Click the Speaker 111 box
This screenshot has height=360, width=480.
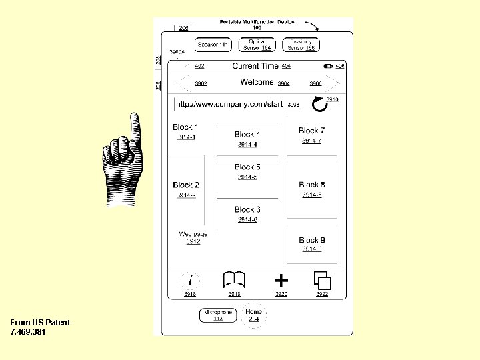pos(213,45)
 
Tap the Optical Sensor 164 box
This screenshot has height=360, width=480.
pos(257,45)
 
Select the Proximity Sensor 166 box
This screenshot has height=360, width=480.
pos(301,45)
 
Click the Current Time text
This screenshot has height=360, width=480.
pos(255,66)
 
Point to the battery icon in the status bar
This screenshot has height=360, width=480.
pos(328,66)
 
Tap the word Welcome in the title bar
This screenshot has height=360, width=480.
pos(257,83)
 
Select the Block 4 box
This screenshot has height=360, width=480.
pos(247,139)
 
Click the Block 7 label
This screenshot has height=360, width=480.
pos(311,131)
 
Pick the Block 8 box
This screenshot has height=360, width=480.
pos(311,189)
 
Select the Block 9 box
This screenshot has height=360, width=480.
pos(311,244)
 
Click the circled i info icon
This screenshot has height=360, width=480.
pos(191,281)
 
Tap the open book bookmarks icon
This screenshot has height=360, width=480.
pos(234,280)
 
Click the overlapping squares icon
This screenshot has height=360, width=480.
pos(322,280)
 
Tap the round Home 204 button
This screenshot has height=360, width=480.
pos(253,315)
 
